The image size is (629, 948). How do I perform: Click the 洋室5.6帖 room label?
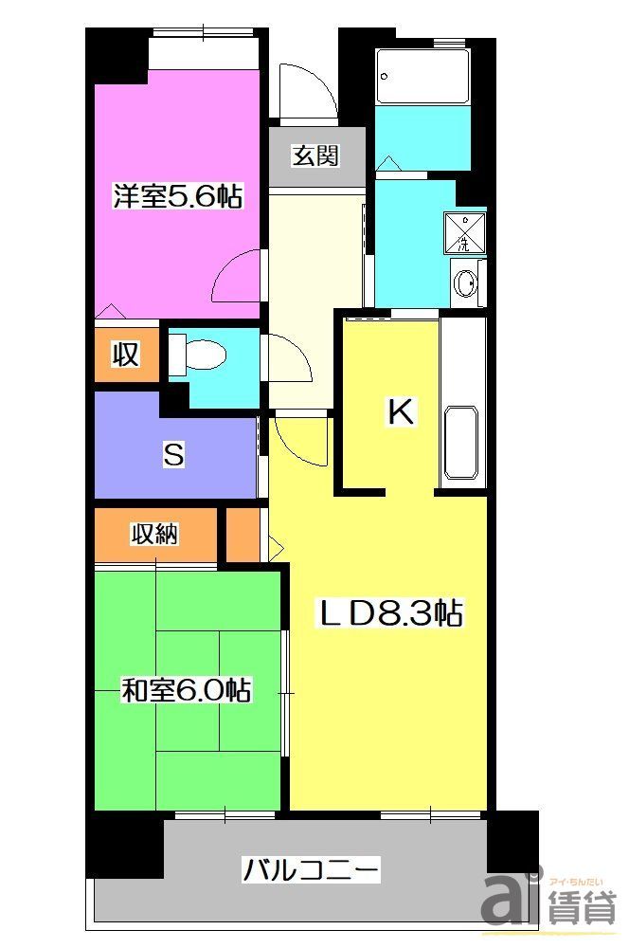point(177,196)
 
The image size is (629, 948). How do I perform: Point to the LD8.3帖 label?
point(388,614)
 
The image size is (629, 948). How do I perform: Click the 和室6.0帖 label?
point(186,690)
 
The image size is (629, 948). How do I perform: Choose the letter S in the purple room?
point(173,455)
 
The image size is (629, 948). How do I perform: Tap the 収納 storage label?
point(153,535)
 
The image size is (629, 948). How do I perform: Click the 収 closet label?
point(126,355)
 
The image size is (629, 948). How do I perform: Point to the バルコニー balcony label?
point(312,868)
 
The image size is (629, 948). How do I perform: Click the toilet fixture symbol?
point(201,355)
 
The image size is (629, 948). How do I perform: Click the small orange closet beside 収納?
point(242,536)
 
